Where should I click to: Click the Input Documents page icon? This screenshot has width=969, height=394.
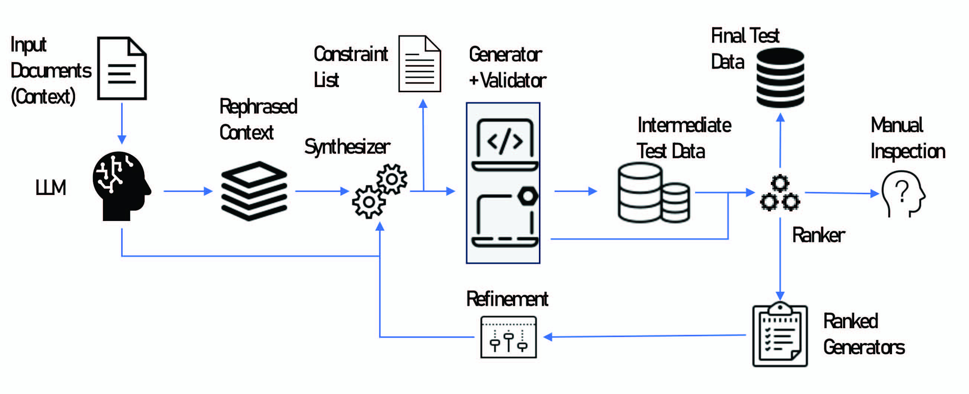tap(122, 68)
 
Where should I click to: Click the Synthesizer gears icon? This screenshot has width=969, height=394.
tap(379, 191)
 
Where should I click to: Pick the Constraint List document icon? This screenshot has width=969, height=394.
tap(419, 64)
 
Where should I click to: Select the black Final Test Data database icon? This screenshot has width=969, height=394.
tap(780, 78)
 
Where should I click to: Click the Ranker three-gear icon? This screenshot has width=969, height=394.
tap(780, 193)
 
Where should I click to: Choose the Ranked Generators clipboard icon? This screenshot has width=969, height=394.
tap(780, 334)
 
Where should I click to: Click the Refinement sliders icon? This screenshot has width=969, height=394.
tap(508, 337)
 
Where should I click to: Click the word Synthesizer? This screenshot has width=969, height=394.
tap(347, 147)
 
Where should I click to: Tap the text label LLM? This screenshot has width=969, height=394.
tap(51, 187)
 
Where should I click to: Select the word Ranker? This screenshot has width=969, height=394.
tap(818, 235)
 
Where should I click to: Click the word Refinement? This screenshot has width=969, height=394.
tap(507, 299)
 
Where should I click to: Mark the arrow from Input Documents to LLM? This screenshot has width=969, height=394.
tap(122, 123)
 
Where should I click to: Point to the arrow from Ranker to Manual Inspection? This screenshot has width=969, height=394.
tap(841, 193)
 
